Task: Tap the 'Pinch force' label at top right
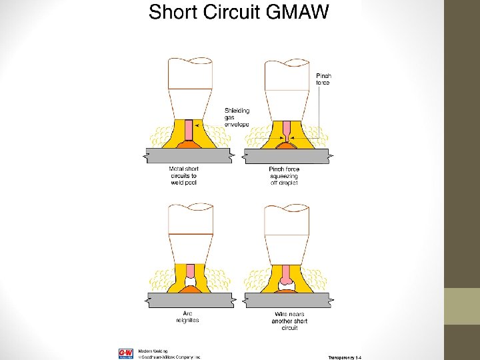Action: click(x=323, y=79)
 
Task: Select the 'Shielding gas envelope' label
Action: click(x=237, y=117)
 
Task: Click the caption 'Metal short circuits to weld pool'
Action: click(x=183, y=175)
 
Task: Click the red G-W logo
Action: click(x=126, y=353)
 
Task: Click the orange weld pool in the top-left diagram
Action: click(x=189, y=144)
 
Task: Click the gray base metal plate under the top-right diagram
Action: click(x=287, y=156)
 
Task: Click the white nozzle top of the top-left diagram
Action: click(x=190, y=73)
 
